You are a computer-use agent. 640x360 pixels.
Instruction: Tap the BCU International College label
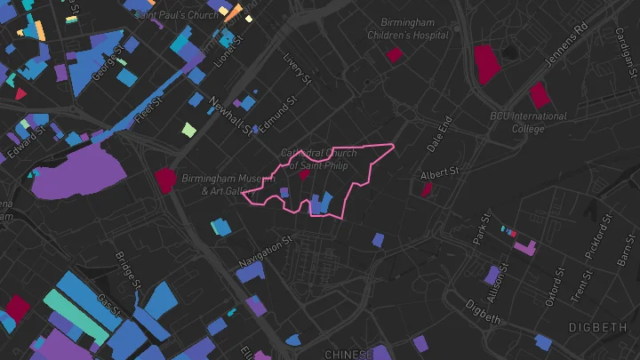(x=528, y=122)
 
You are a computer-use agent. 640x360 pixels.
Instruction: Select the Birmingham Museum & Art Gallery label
(x=221, y=184)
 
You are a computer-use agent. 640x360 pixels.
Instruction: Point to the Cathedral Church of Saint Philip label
(x=318, y=158)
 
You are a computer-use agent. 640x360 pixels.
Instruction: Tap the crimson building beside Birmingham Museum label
(x=165, y=179)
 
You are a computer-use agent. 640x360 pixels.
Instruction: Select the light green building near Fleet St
(x=188, y=130)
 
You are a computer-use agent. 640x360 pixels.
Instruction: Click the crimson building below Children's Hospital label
(x=394, y=55)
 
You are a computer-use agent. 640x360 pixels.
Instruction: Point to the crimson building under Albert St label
(x=427, y=188)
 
